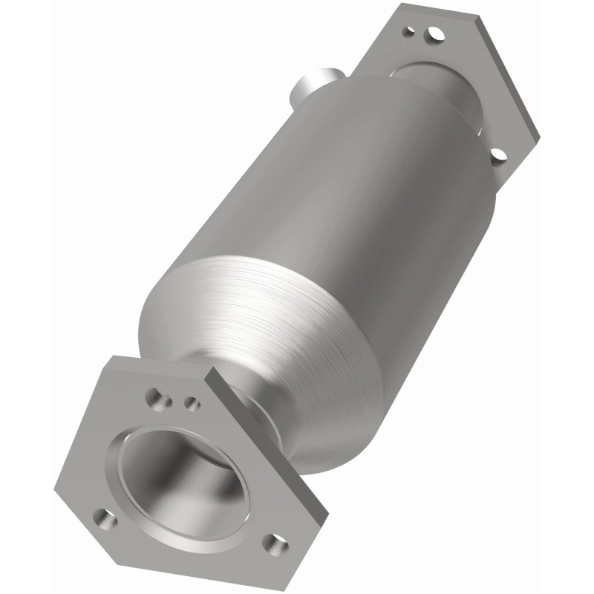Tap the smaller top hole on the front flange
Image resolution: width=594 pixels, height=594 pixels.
(x=191, y=403)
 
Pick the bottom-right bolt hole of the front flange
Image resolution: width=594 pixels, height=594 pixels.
(x=278, y=545)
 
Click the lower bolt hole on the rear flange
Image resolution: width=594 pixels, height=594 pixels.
(x=498, y=155)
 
